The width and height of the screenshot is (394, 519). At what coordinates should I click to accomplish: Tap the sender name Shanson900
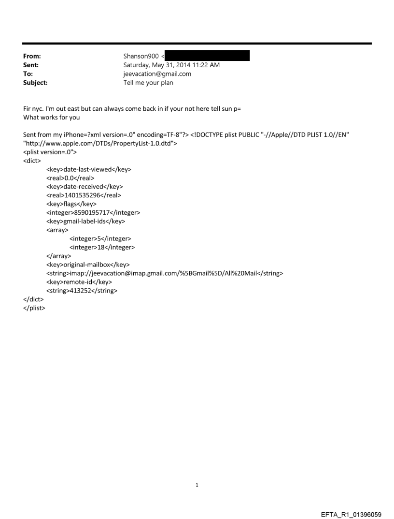[141, 57]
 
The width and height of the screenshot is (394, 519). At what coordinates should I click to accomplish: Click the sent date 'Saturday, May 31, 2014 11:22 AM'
[171, 65]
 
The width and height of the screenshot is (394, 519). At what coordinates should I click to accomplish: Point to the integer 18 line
[102, 247]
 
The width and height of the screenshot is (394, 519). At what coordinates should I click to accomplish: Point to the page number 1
[197, 485]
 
